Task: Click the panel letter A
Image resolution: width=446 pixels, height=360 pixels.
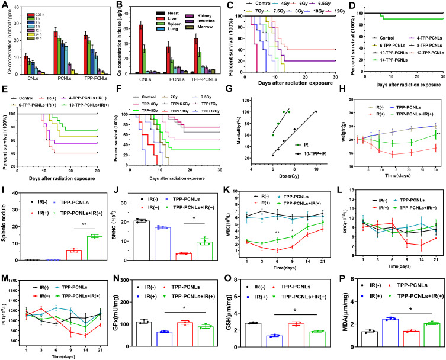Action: point(5,5)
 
